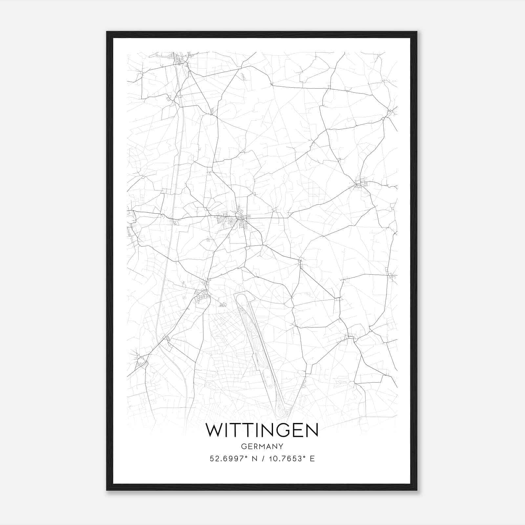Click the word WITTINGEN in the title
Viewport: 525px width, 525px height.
click(x=262, y=430)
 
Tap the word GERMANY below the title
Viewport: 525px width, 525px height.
click(x=262, y=446)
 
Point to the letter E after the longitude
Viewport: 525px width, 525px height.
click(x=312, y=458)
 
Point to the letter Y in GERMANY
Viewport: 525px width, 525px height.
click(x=281, y=446)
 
